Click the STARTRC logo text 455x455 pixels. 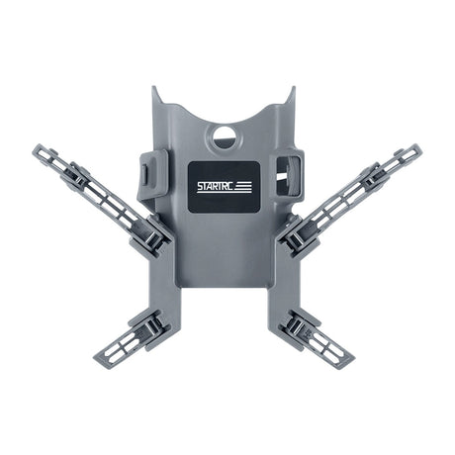point(216,187)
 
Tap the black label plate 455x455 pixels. point(225,187)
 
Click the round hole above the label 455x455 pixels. point(223,137)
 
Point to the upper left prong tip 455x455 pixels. point(154,88)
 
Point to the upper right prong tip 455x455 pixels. point(294,88)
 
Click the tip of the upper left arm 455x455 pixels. point(38,149)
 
